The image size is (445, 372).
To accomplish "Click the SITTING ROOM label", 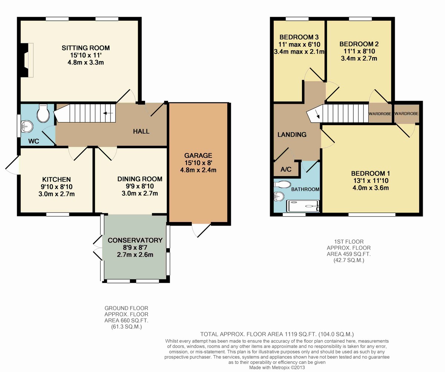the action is (86, 48).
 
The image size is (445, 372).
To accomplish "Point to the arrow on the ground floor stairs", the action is (108, 113).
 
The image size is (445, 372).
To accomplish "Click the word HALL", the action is (141, 132).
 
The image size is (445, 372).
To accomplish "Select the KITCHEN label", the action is (56, 179).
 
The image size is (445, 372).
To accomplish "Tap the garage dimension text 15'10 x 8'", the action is (198, 163).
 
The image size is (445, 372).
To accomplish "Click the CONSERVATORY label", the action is (135, 240).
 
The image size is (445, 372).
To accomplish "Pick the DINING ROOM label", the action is (140, 179).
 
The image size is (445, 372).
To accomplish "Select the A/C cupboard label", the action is (286, 169).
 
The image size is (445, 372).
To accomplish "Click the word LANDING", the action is (292, 134).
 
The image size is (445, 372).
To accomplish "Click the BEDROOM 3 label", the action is (299, 37).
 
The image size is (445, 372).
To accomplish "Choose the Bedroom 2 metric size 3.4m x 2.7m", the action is (359, 58).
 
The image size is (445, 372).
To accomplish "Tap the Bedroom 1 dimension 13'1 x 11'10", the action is (371, 180).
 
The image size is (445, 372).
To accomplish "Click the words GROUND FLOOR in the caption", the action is (126, 308).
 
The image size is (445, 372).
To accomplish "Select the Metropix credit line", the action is (277, 368).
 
